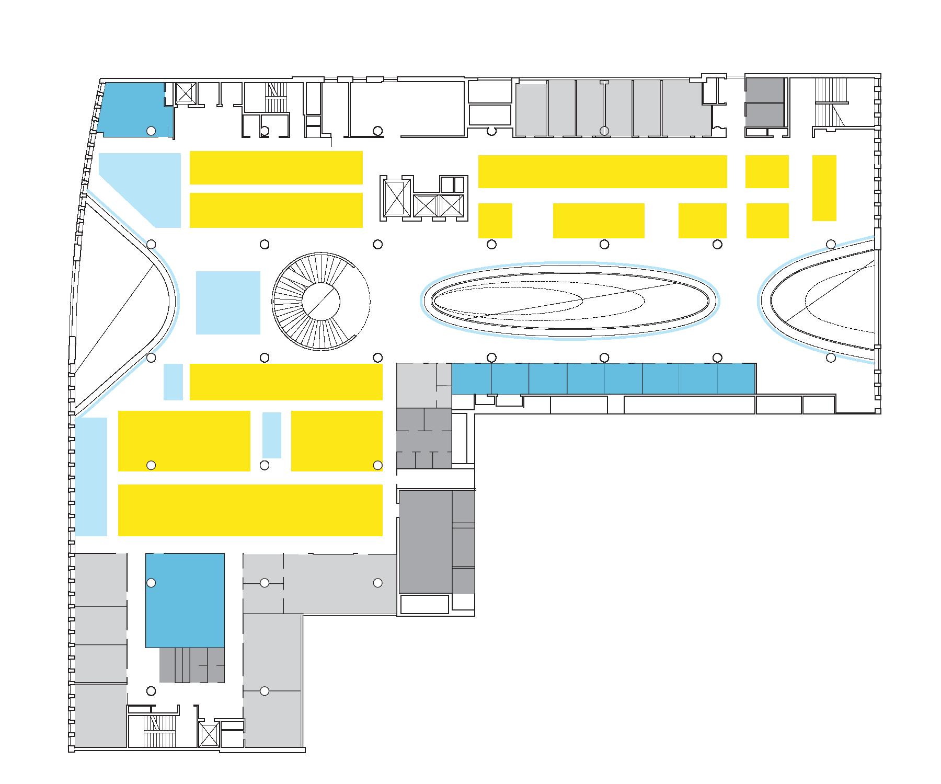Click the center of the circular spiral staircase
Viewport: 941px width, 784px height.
pyautogui.click(x=321, y=301)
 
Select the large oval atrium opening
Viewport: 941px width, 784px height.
pyautogui.click(x=570, y=301)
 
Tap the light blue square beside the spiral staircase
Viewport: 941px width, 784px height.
pyautogui.click(x=228, y=303)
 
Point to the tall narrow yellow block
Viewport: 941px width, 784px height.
pyautogui.click(x=824, y=188)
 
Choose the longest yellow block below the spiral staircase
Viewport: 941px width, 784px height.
pyautogui.click(x=250, y=510)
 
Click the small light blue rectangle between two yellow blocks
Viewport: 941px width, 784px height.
pyautogui.click(x=271, y=435)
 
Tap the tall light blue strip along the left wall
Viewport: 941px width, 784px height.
pyautogui.click(x=91, y=477)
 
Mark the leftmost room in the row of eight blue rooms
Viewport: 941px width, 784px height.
pyautogui.click(x=471, y=378)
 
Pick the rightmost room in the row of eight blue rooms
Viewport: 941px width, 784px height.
pyautogui.click(x=736, y=378)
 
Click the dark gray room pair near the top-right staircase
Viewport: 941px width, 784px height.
pyautogui.click(x=765, y=102)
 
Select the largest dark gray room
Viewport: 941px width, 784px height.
pyautogui.click(x=426, y=541)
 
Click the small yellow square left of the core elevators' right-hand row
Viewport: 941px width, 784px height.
pyautogui.click(x=495, y=221)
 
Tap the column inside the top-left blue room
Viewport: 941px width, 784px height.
pyautogui.click(x=151, y=131)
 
